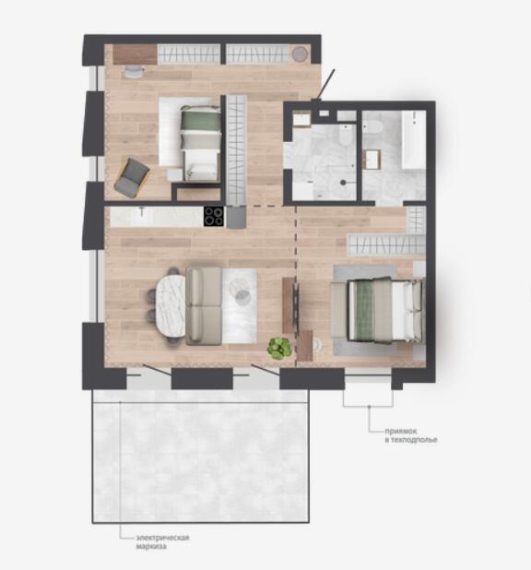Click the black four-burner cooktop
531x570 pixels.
(x=213, y=217)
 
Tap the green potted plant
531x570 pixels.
(x=279, y=349)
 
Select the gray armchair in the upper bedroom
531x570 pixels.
(x=132, y=178)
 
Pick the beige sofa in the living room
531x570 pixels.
(x=204, y=306)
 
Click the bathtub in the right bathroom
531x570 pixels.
(x=414, y=139)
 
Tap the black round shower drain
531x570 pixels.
(x=344, y=183)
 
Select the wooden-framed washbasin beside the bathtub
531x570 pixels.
(x=372, y=160)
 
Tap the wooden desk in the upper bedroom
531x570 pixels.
(x=136, y=54)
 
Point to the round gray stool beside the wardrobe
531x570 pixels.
(x=301, y=54)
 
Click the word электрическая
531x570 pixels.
(x=162, y=538)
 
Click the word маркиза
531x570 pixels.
(x=151, y=546)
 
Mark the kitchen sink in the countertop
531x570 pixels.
(x=141, y=217)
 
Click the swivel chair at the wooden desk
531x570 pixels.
(x=134, y=72)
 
